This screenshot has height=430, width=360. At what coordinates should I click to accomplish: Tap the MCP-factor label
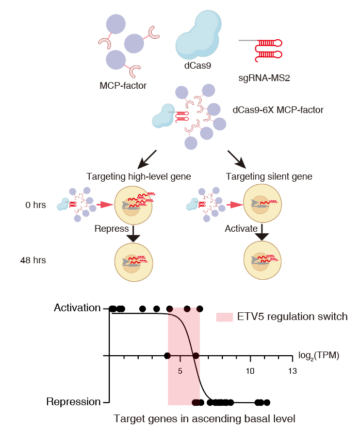click(123, 85)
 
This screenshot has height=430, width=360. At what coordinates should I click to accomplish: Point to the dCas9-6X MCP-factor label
click(278, 109)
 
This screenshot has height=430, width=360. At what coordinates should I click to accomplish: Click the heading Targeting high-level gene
click(139, 177)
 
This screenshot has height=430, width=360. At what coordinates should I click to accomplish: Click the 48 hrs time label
click(34, 260)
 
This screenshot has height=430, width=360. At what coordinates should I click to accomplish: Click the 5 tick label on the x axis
click(181, 371)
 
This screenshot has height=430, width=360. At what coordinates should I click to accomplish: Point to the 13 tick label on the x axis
click(292, 371)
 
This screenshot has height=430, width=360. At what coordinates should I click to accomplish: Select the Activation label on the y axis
click(77, 308)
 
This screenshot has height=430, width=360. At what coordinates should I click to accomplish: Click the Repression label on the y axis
click(74, 402)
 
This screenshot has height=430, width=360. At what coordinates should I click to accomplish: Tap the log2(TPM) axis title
click(319, 356)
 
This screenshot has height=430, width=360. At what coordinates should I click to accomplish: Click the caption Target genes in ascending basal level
click(204, 419)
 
